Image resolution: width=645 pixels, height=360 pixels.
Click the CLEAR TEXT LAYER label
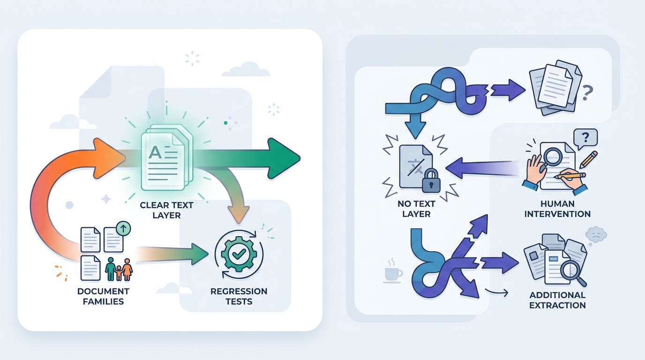click(x=166, y=210)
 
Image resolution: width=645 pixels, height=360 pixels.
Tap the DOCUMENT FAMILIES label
click(x=104, y=296)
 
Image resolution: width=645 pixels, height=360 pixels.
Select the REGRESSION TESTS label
click(x=239, y=296)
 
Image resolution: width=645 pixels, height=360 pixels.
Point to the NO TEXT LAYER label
click(x=416, y=209)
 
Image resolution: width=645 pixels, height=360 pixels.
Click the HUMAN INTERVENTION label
click(x=557, y=209)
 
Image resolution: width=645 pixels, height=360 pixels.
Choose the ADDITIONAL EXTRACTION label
click(x=557, y=300)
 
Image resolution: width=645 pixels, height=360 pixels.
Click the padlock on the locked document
click(x=431, y=181)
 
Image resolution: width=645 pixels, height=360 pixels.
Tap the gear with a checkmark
click(x=239, y=254)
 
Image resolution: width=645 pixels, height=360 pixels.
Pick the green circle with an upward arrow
click(x=123, y=229)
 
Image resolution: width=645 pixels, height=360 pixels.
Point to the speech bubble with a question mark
click(x=585, y=139)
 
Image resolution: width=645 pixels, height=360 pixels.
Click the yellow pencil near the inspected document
click(x=588, y=159)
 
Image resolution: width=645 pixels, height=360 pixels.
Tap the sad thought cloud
click(x=596, y=235)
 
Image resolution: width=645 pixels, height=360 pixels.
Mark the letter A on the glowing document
click(x=155, y=152)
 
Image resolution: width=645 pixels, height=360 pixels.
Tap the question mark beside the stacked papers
click(x=587, y=93)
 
